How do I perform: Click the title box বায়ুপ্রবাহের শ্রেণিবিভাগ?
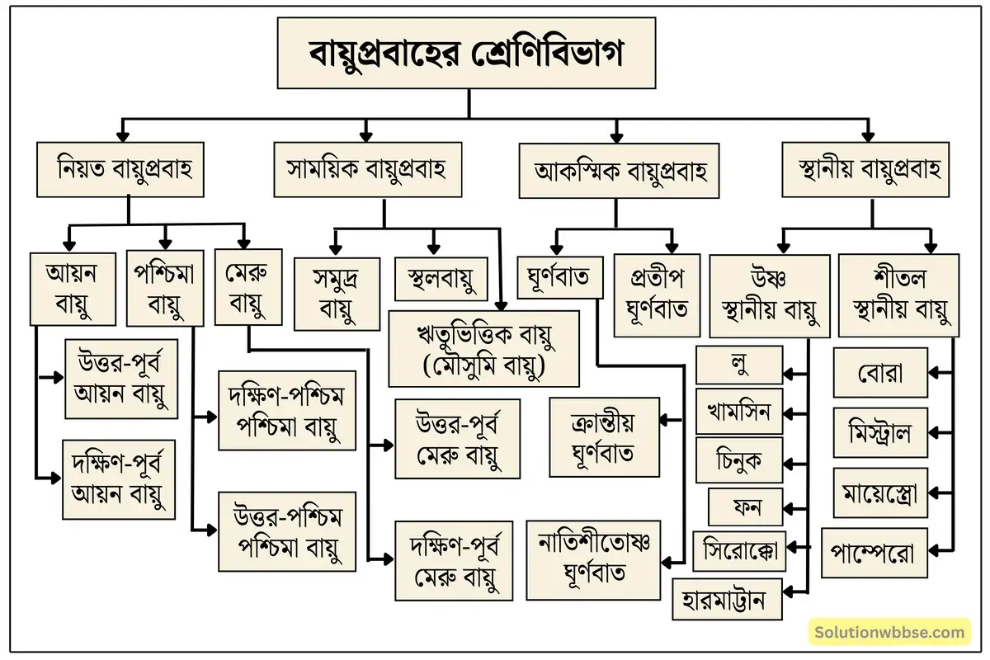coord(467,54)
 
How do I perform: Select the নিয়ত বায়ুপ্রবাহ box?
coord(120,170)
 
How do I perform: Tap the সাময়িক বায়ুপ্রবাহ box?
coord(366,170)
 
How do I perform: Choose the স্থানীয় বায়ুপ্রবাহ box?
coord(864,169)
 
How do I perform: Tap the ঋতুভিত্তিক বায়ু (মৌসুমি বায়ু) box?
coord(472,348)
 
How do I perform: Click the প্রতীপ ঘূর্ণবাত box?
coord(653,293)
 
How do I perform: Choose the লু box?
coord(739,365)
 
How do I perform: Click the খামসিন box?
coord(738,410)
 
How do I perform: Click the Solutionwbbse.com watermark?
coord(889,633)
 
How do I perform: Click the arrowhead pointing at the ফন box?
coord(789,507)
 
